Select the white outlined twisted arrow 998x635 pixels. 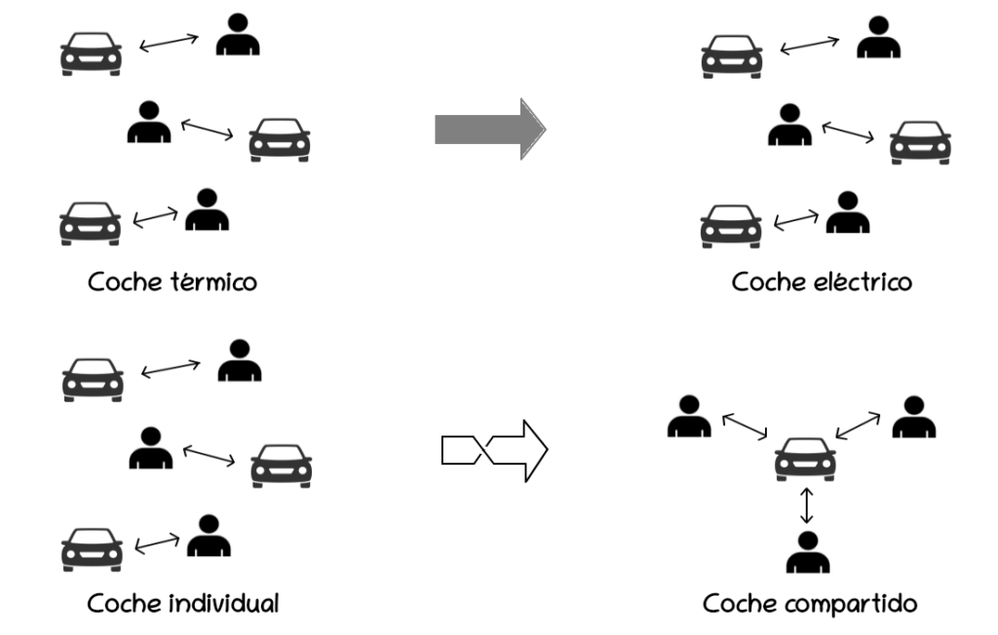coord(494,451)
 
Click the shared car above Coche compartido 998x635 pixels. coord(805,459)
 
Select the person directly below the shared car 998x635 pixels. coord(807,552)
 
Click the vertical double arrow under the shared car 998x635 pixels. coord(806,506)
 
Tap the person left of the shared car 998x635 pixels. coord(690,416)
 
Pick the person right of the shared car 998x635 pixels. coord(913,416)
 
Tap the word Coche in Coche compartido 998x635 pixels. coord(737,605)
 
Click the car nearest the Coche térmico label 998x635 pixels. coord(91,223)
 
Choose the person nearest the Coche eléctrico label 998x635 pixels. coord(848,213)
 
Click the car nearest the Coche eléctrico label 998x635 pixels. coord(731,225)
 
